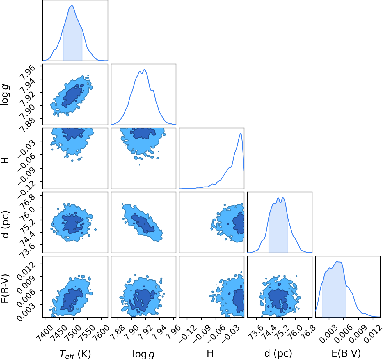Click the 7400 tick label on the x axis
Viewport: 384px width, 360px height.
tap(44, 331)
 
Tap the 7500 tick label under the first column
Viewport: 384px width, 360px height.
tap(72, 331)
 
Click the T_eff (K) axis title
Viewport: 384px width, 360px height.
tap(75, 354)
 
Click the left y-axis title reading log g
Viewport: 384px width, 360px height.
tap(5, 95)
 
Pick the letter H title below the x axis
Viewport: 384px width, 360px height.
tap(210, 353)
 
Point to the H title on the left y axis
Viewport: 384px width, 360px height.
tap(5, 160)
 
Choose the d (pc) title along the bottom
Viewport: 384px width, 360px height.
tap(278, 354)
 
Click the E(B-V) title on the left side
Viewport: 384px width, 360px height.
tap(5, 288)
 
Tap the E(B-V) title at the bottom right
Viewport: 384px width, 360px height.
tap(346, 354)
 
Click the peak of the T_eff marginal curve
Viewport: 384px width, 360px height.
tap(72, 6)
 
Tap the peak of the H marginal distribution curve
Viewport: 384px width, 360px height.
tap(241, 134)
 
